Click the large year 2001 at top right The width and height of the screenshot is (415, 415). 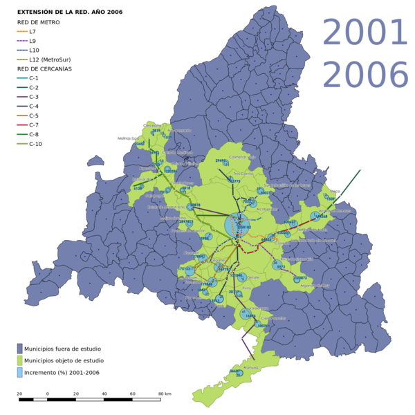pyautogui.click(x=365, y=33)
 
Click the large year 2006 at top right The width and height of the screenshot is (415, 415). pyautogui.click(x=365, y=75)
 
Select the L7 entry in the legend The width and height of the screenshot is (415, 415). pyautogui.click(x=33, y=32)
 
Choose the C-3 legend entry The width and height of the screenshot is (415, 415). pyautogui.click(x=34, y=98)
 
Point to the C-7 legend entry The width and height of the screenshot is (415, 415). pyautogui.click(x=34, y=125)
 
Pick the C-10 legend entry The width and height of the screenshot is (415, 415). pyautogui.click(x=35, y=144)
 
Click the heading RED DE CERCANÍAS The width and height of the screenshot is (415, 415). pyautogui.click(x=44, y=69)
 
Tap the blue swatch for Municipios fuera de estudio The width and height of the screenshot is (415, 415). pyautogui.click(x=20, y=349)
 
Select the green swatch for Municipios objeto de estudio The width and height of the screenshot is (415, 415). pyautogui.click(x=20, y=360)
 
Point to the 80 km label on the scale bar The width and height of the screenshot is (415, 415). pyautogui.click(x=164, y=394)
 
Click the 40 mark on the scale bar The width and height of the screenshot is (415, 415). pyautogui.click(x=104, y=394)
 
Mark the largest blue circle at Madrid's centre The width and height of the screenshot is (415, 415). pyautogui.click(x=236, y=225)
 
